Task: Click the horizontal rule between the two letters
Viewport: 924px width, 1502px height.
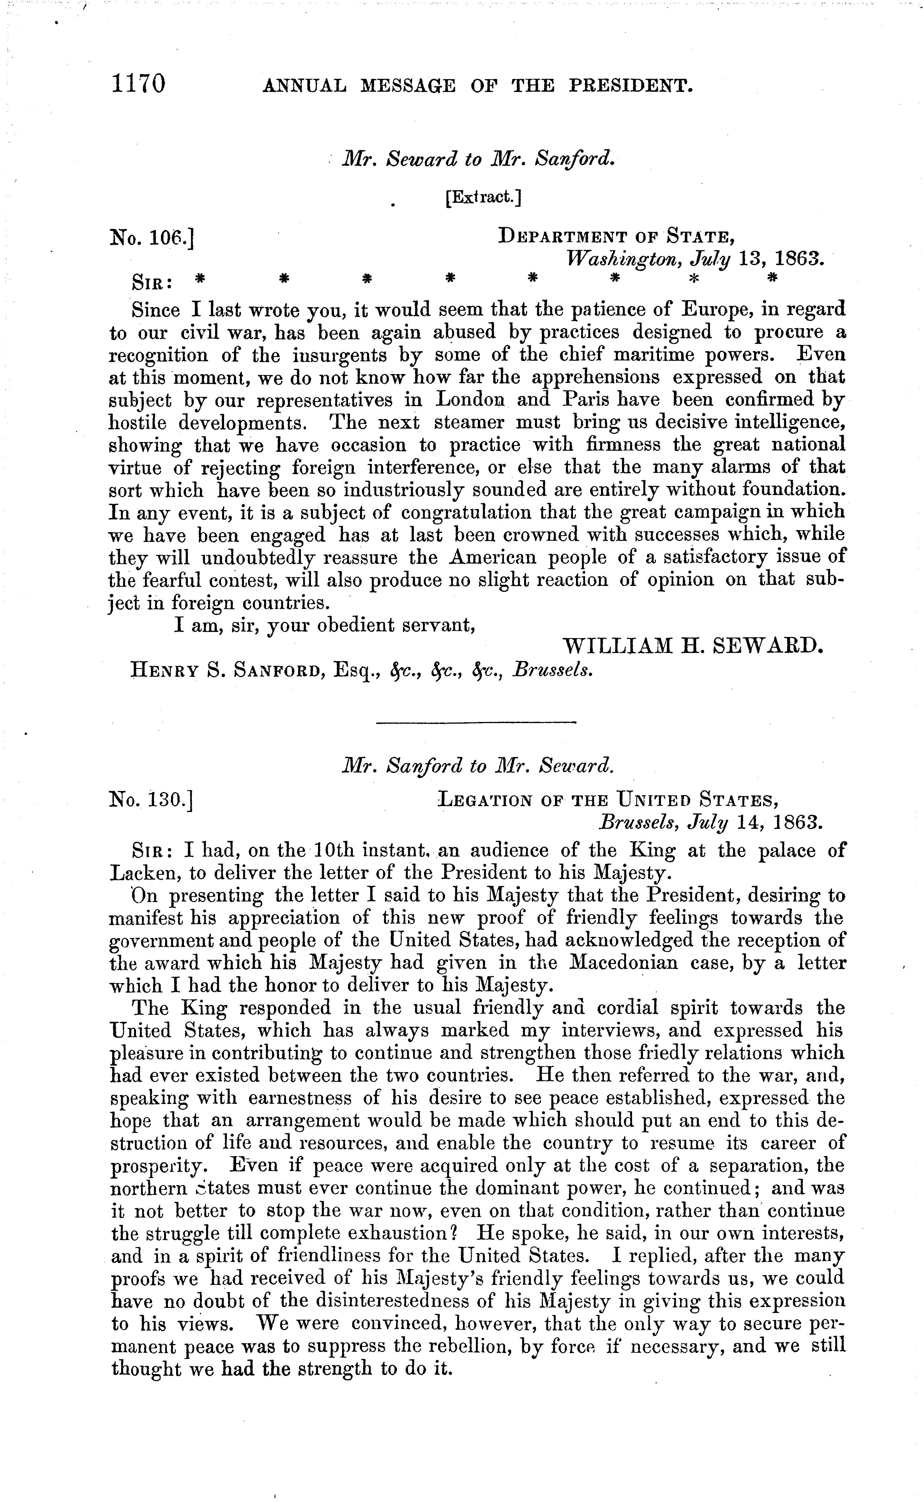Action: pos(477,723)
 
